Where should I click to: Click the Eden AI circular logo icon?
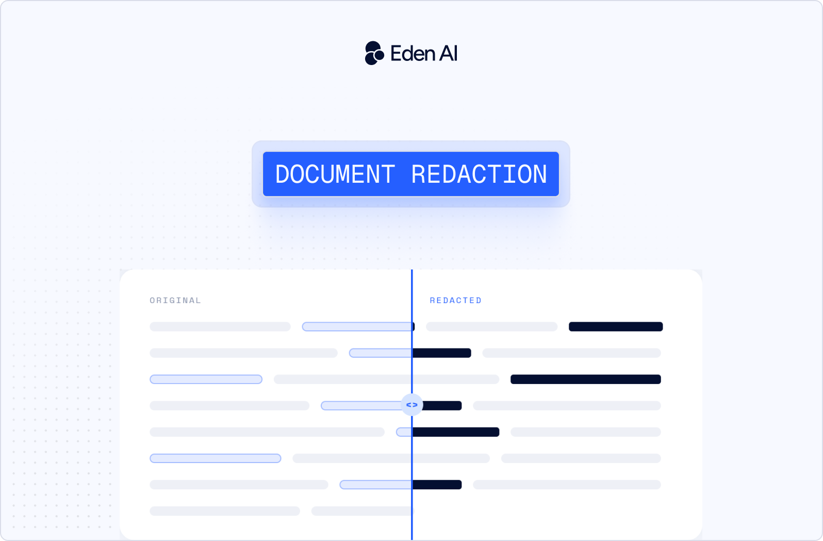click(374, 53)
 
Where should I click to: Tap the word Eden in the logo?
click(413, 53)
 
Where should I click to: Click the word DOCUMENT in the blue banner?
click(335, 174)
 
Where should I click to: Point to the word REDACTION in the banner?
click(479, 174)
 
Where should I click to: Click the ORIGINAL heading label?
click(175, 300)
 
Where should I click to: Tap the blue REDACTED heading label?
click(456, 300)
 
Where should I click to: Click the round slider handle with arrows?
click(412, 405)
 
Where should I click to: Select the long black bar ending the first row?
click(616, 327)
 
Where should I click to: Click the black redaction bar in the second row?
click(441, 353)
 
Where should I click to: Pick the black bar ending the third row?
click(586, 379)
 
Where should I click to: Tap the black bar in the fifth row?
click(456, 432)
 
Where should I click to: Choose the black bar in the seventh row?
click(437, 485)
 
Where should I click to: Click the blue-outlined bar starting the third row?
click(206, 379)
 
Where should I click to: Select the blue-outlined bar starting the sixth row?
click(216, 458)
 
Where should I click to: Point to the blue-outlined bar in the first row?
click(357, 327)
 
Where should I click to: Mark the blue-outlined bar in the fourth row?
click(362, 406)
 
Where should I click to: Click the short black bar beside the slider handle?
click(442, 406)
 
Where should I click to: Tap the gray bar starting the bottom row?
click(225, 511)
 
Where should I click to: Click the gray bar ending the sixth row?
click(581, 458)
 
